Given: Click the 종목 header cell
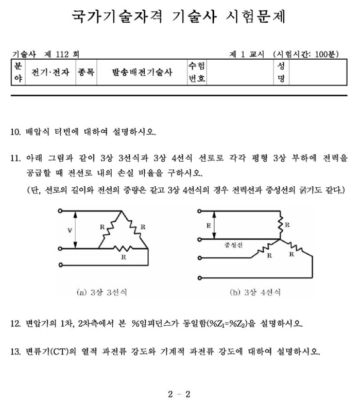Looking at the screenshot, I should [x=85, y=73].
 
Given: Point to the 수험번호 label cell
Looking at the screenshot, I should [x=196, y=73].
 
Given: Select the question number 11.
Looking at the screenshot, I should [x=15, y=158].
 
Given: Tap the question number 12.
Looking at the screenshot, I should [x=15, y=324].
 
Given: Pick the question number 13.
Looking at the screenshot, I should [x=15, y=353].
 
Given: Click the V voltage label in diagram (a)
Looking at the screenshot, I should [x=70, y=230].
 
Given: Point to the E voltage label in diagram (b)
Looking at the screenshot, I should [x=208, y=225].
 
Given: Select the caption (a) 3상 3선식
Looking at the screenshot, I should [x=102, y=292].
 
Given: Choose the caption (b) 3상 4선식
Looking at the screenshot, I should [x=255, y=292].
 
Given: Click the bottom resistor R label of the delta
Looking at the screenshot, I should [x=123, y=255].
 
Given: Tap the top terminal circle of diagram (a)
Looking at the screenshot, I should [x=61, y=211].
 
